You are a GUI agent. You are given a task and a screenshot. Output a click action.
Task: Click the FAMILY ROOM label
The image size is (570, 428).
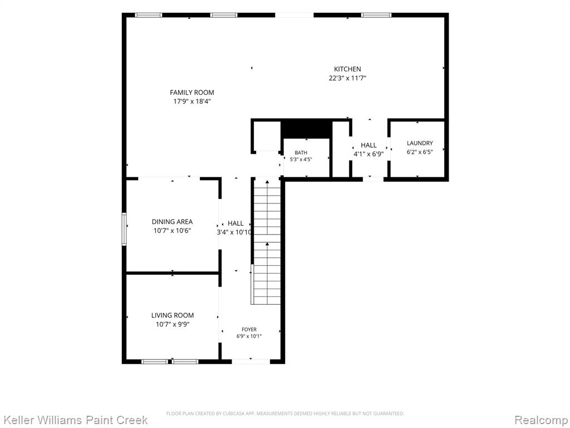point(192,93)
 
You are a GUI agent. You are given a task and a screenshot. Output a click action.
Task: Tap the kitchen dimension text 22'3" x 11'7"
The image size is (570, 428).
point(347,78)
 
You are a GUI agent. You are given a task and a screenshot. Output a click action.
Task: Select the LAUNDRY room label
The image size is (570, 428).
point(420,143)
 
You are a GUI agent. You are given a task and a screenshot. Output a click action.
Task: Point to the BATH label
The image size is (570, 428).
point(301,153)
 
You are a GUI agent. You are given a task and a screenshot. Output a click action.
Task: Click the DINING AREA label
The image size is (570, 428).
point(173,222)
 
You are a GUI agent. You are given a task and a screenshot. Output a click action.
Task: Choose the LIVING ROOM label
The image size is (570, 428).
point(173,315)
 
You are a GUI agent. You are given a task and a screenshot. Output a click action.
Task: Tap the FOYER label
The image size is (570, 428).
point(249,329)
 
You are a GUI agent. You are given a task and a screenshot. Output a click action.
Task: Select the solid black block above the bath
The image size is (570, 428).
point(307,129)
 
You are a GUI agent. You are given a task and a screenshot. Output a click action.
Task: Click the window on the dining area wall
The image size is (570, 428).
point(124,229)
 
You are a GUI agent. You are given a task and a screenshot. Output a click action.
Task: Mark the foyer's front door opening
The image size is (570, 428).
point(251,361)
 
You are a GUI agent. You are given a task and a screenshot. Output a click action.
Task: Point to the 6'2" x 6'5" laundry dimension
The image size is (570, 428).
point(420,152)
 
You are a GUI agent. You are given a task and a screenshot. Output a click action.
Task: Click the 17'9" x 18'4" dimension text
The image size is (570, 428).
point(192,101)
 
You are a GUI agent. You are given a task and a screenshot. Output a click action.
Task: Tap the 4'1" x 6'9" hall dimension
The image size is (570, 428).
point(368,154)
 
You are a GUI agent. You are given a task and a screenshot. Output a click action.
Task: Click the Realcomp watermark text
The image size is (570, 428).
point(542,420)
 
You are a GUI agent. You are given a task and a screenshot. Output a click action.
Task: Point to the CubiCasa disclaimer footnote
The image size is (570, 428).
point(285,414)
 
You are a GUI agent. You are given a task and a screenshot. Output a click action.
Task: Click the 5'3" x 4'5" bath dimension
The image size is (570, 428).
point(301,159)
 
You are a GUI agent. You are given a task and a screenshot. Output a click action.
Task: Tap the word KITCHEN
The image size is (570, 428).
point(347,69)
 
